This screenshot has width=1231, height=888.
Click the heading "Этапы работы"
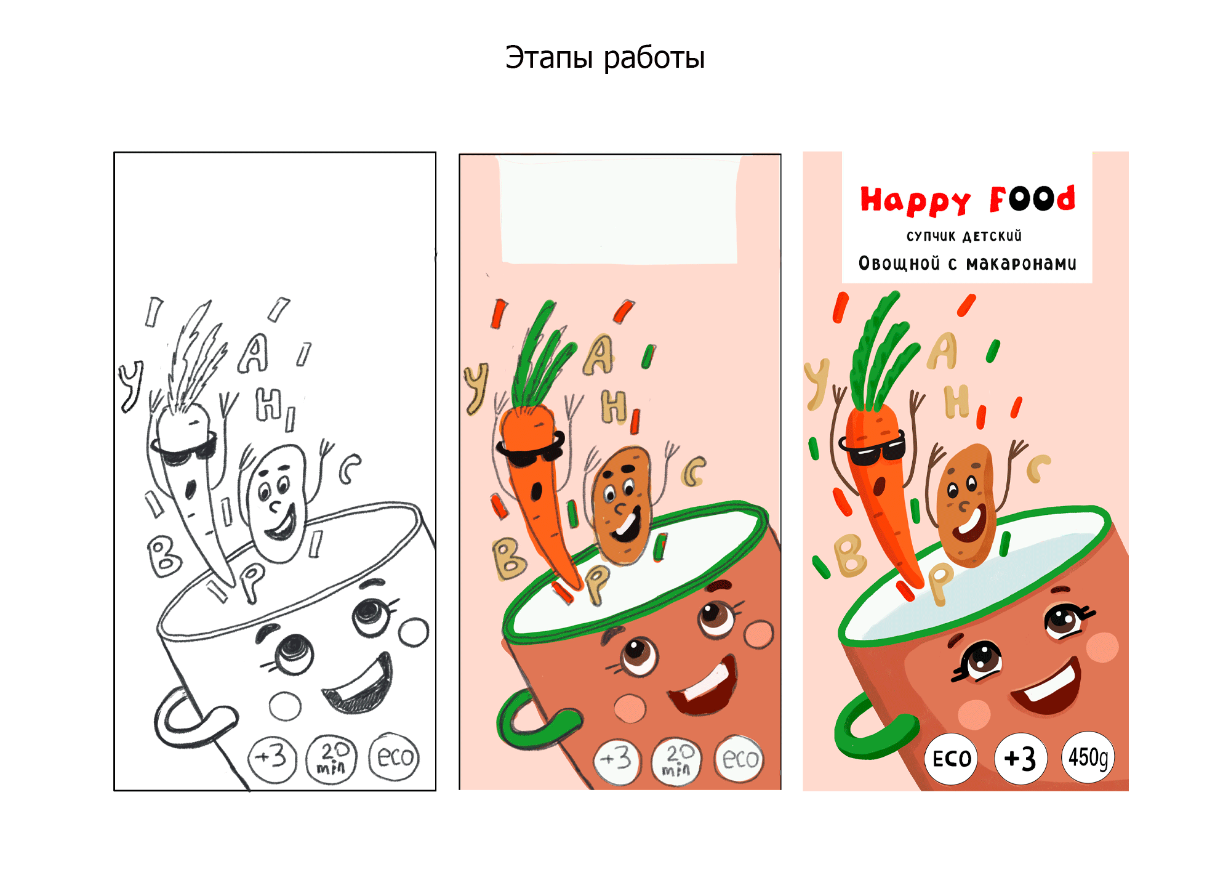pyautogui.click(x=605, y=58)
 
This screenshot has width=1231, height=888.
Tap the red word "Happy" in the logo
pyautogui.click(x=915, y=201)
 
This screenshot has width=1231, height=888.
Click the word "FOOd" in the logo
pyautogui.click(x=1033, y=198)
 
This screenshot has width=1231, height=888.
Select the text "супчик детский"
pyautogui.click(x=964, y=236)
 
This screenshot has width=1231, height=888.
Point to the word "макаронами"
pyautogui.click(x=1021, y=264)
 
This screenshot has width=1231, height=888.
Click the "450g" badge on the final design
pyautogui.click(x=1088, y=757)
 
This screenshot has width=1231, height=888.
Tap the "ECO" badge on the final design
pyautogui.click(x=952, y=759)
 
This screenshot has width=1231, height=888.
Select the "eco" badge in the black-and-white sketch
pyautogui.click(x=395, y=757)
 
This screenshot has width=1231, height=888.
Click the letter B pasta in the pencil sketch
pyautogui.click(x=164, y=555)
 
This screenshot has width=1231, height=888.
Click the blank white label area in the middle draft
pyautogui.click(x=619, y=210)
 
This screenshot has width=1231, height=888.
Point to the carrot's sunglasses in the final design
pyautogui.click(x=872, y=449)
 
